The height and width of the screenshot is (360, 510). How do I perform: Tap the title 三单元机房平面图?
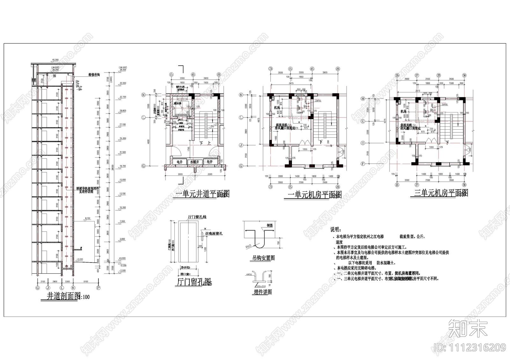tap(439, 193)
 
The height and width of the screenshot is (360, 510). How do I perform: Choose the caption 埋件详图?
tap(263, 292)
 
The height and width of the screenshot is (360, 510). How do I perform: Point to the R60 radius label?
tap(249, 246)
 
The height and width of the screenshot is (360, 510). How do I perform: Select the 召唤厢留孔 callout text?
tap(214, 234)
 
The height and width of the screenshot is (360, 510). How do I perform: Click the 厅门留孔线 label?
tap(197, 217)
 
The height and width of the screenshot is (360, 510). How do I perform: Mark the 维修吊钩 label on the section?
tap(94, 75)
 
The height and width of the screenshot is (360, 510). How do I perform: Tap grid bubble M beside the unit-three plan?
tap(362, 99)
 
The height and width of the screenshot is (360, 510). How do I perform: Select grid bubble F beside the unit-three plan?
tap(362, 164)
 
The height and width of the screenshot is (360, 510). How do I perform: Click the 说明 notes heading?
tap(335, 230)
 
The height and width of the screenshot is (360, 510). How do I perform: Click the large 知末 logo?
tap(468, 328)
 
